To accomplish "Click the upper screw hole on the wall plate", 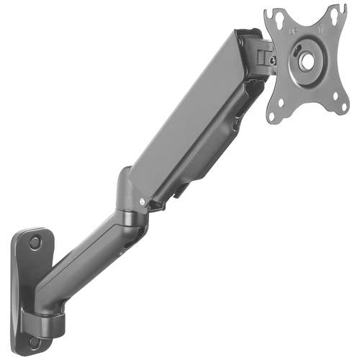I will [35, 243].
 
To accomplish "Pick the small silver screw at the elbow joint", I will [142, 201].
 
